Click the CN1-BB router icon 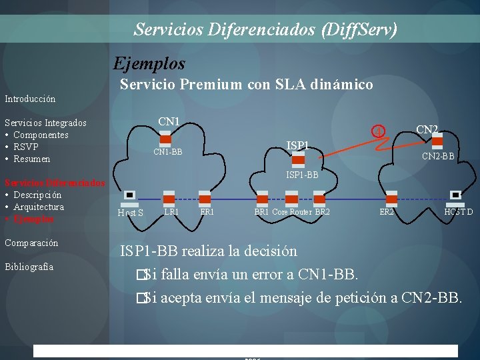tap(166, 140)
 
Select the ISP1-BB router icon tap(299, 160)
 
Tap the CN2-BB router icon tap(437, 141)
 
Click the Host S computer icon tap(130, 196)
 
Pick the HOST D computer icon tap(456, 196)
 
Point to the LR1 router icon tap(170, 198)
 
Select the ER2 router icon tap(391, 198)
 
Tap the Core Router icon tap(291, 198)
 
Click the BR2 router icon tap(320, 198)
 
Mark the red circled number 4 tap(378, 131)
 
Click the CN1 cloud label tap(169, 121)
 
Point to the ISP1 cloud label tap(298, 145)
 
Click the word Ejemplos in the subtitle tap(149, 63)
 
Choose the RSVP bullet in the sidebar tap(25, 147)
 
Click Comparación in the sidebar tap(31, 243)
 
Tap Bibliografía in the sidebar tap(29, 267)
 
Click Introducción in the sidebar tap(30, 99)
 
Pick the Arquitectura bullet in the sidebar tap(39, 207)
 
